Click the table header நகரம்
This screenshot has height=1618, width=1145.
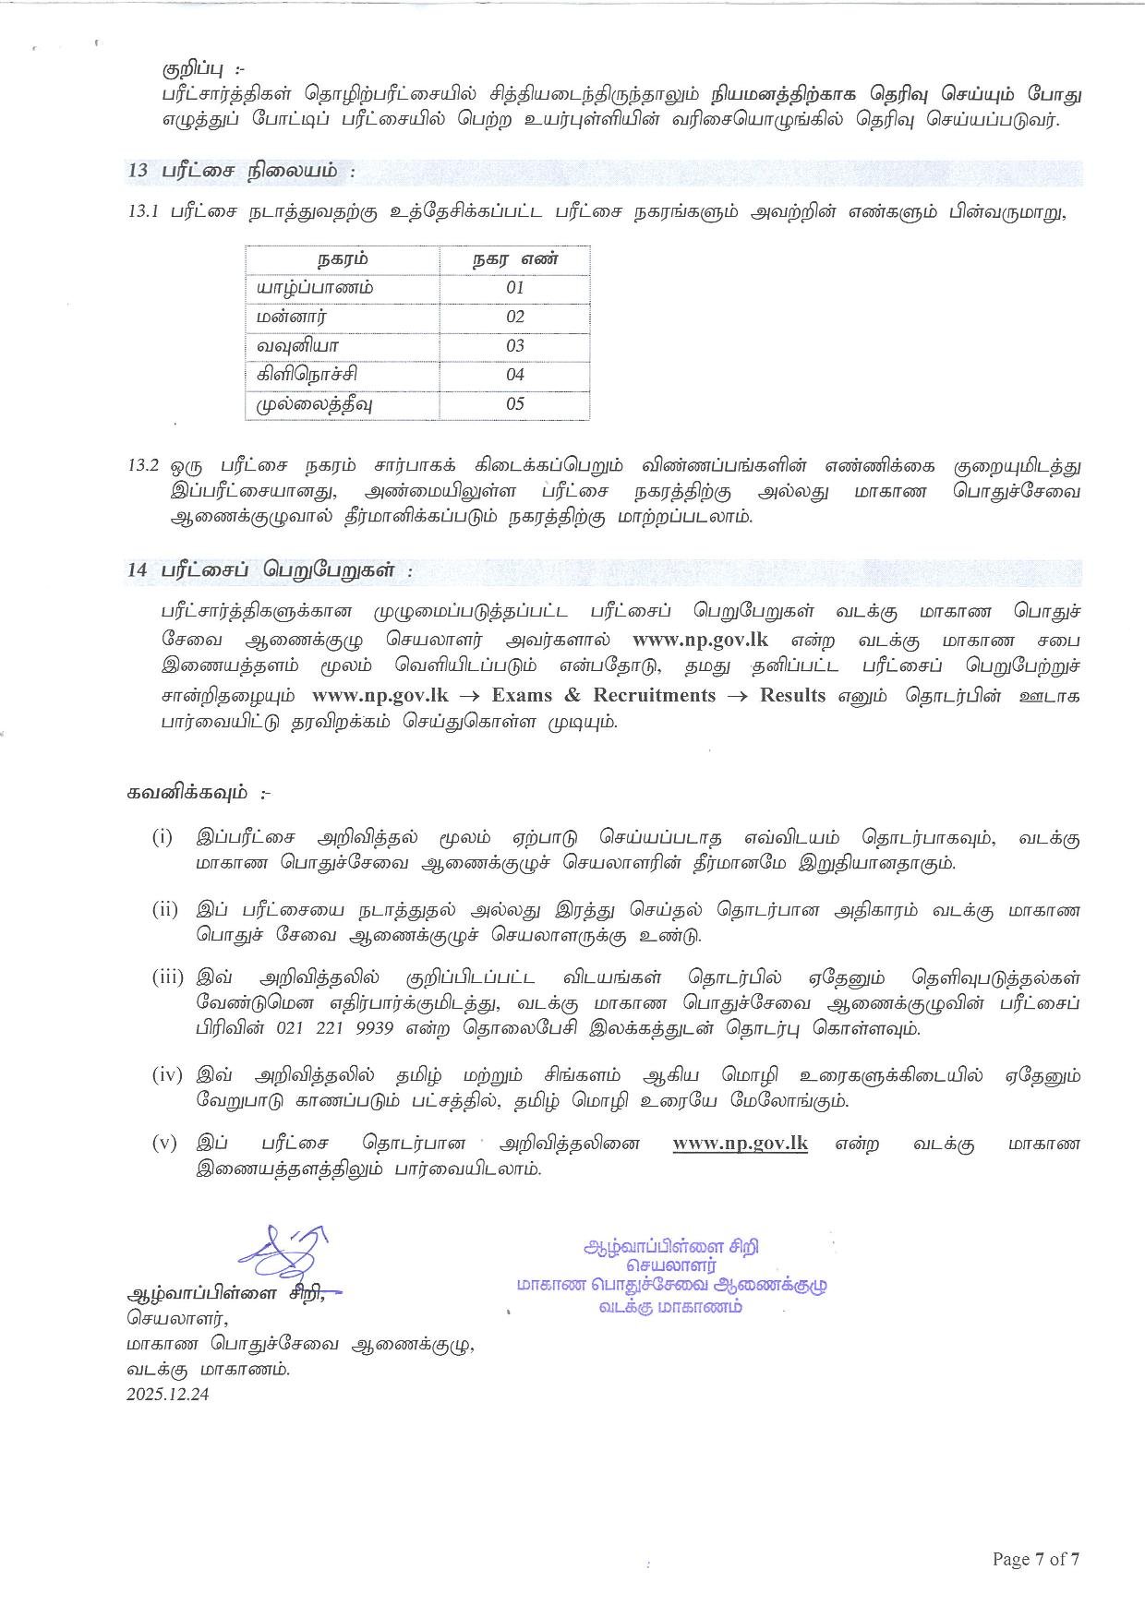pyautogui.click(x=343, y=259)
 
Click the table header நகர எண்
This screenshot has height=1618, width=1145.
pyautogui.click(x=515, y=259)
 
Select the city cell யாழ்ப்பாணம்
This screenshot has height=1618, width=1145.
pyautogui.click(x=316, y=288)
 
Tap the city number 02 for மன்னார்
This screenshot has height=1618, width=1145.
pyautogui.click(x=515, y=317)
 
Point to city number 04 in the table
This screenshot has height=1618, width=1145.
pyautogui.click(x=515, y=375)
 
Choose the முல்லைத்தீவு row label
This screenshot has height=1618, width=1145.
pyautogui.click(x=316, y=403)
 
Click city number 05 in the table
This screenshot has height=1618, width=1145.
pyautogui.click(x=515, y=403)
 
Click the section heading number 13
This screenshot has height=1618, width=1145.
pyautogui.click(x=138, y=172)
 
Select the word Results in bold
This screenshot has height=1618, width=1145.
pyautogui.click(x=792, y=695)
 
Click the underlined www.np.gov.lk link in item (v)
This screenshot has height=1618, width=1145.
pyautogui.click(x=740, y=1144)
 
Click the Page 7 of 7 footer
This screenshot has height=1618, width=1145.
pyautogui.click(x=1035, y=1560)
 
